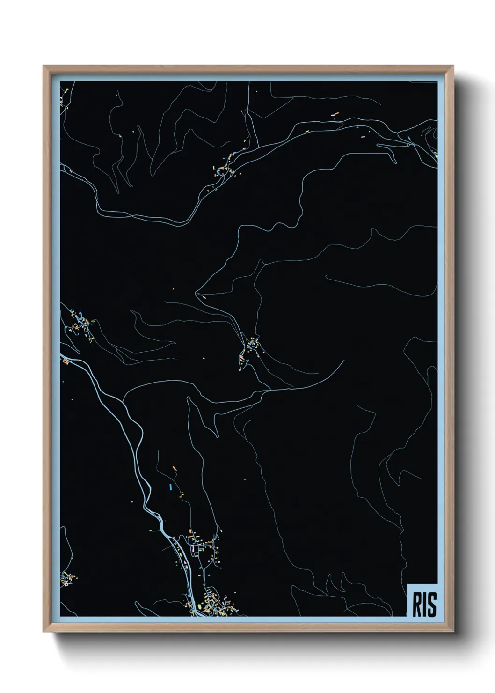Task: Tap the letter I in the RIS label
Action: [x=425, y=605]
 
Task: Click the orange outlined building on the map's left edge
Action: [x=65, y=361]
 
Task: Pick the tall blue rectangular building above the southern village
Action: [x=170, y=487]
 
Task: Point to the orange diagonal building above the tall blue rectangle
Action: [x=174, y=468]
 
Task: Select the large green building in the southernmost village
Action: [x=200, y=607]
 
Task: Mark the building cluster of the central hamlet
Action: [x=251, y=347]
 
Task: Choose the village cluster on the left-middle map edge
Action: [x=80, y=323]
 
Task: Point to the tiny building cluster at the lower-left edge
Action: [x=68, y=579]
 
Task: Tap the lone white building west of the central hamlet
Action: [x=204, y=358]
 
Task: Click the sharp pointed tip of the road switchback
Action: [x=196, y=294]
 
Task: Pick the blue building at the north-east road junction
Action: [x=409, y=138]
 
